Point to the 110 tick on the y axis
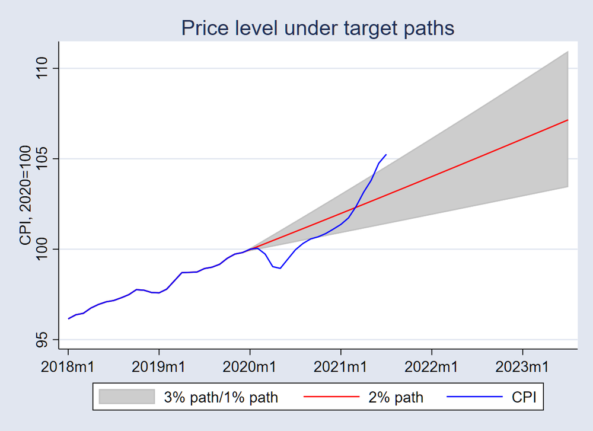(x=44, y=69)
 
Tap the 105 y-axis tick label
(x=44, y=159)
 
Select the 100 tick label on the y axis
(x=44, y=250)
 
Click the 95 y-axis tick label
(x=44, y=340)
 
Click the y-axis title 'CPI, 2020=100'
(x=25, y=204)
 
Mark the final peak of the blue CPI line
(x=386, y=155)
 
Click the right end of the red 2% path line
(x=568, y=120)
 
